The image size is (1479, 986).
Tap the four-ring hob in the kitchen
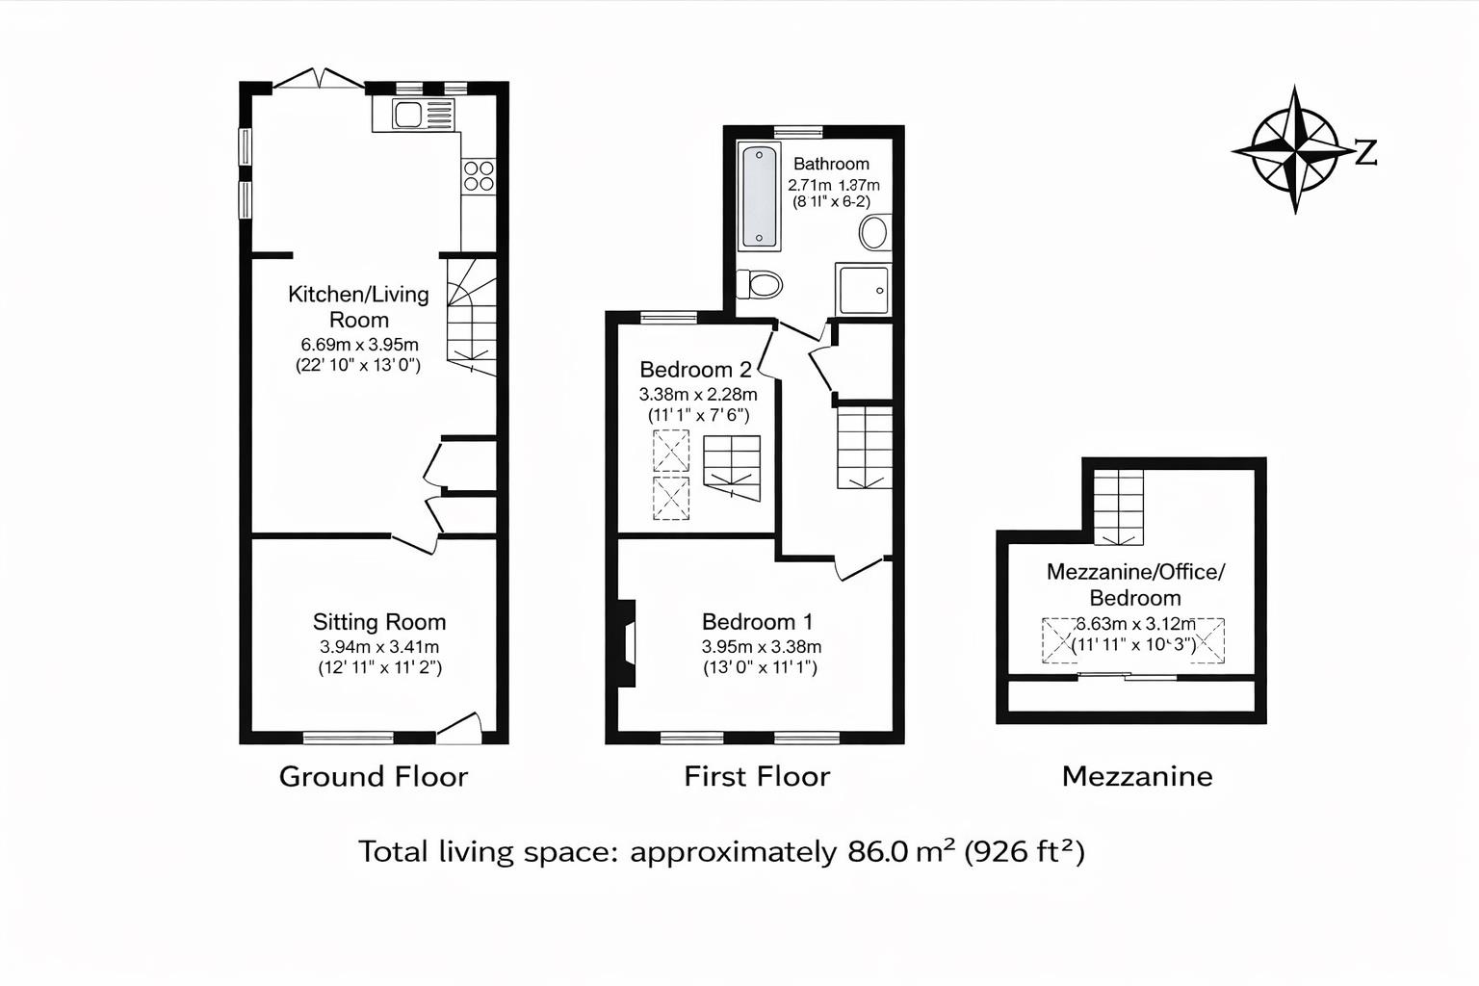[x=479, y=175]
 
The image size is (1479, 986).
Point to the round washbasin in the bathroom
[x=874, y=233]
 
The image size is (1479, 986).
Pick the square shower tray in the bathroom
[x=863, y=289]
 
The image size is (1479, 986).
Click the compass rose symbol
[x=1295, y=150]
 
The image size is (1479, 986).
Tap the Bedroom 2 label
[x=695, y=370]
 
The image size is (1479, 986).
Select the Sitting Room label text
[x=379, y=622]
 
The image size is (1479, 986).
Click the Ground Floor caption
[x=374, y=776]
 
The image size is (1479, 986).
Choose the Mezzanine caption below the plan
[x=1137, y=776]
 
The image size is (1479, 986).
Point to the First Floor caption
[x=757, y=776]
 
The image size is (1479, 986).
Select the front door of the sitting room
[x=459, y=729]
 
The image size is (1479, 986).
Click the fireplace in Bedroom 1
[x=627, y=643]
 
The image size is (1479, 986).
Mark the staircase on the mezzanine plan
[x=1119, y=507]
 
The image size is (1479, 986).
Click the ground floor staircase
[x=472, y=318]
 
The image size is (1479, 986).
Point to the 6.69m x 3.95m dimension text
[x=359, y=345]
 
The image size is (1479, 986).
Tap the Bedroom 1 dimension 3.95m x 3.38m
[x=761, y=647]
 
